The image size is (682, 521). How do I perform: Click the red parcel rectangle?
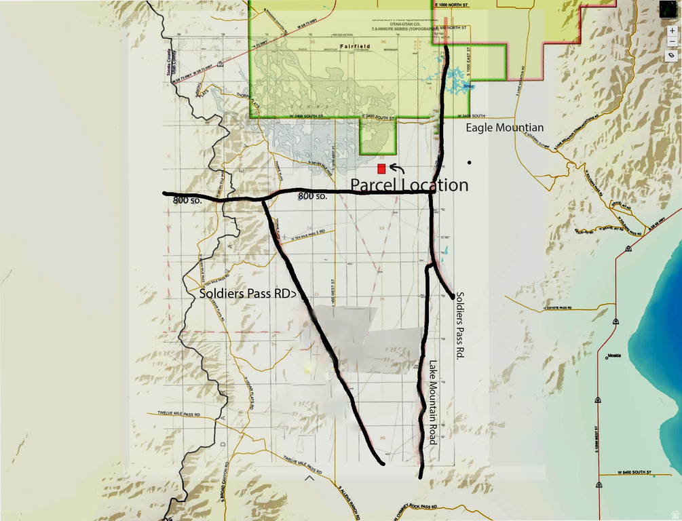[382, 168]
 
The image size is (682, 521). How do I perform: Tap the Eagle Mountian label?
[504, 128]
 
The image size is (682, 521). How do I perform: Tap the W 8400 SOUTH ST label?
[634, 471]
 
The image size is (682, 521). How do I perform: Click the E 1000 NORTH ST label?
[450, 3]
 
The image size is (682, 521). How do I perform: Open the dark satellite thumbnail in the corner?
[668, 9]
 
